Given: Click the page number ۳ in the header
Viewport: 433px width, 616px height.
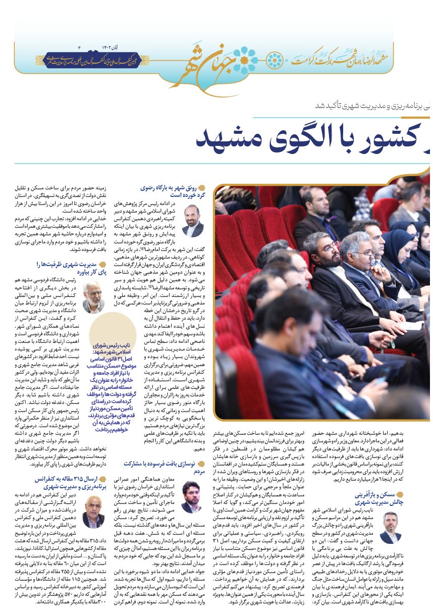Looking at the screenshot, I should coord(79,47).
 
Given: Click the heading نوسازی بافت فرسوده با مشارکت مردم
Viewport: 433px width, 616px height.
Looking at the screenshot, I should coord(159,466).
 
